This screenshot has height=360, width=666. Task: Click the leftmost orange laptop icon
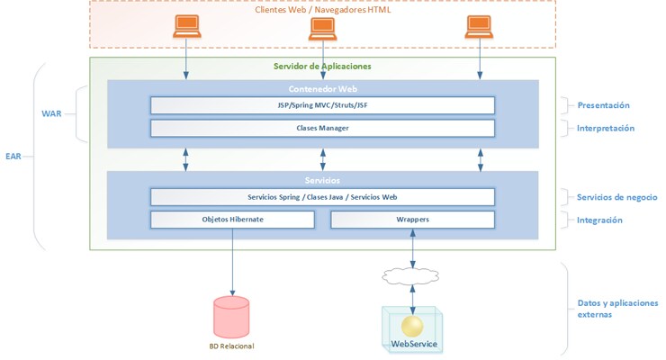click(186, 29)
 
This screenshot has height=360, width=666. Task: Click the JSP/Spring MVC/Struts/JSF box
click(322, 106)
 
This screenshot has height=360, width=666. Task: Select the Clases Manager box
click(322, 128)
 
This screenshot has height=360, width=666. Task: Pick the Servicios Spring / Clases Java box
click(322, 197)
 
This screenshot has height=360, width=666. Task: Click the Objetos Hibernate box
click(232, 220)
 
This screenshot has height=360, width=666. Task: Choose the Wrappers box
click(412, 220)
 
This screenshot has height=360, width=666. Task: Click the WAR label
click(51, 114)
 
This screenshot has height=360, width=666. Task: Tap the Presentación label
click(603, 105)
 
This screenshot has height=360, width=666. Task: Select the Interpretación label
click(606, 128)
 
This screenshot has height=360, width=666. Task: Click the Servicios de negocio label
click(617, 197)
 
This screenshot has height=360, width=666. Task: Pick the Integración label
click(600, 220)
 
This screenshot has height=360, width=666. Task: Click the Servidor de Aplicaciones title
click(322, 67)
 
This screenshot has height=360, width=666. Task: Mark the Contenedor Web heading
click(322, 89)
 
